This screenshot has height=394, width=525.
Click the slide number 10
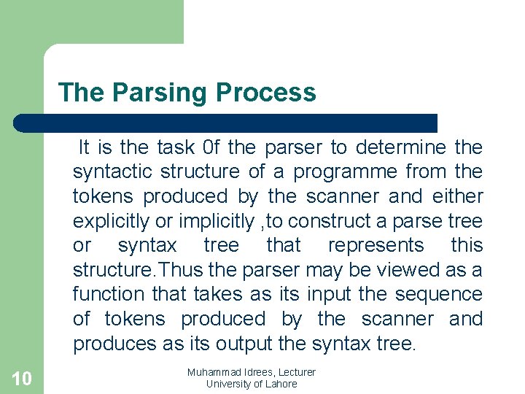22,378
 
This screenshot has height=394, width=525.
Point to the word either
457,196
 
